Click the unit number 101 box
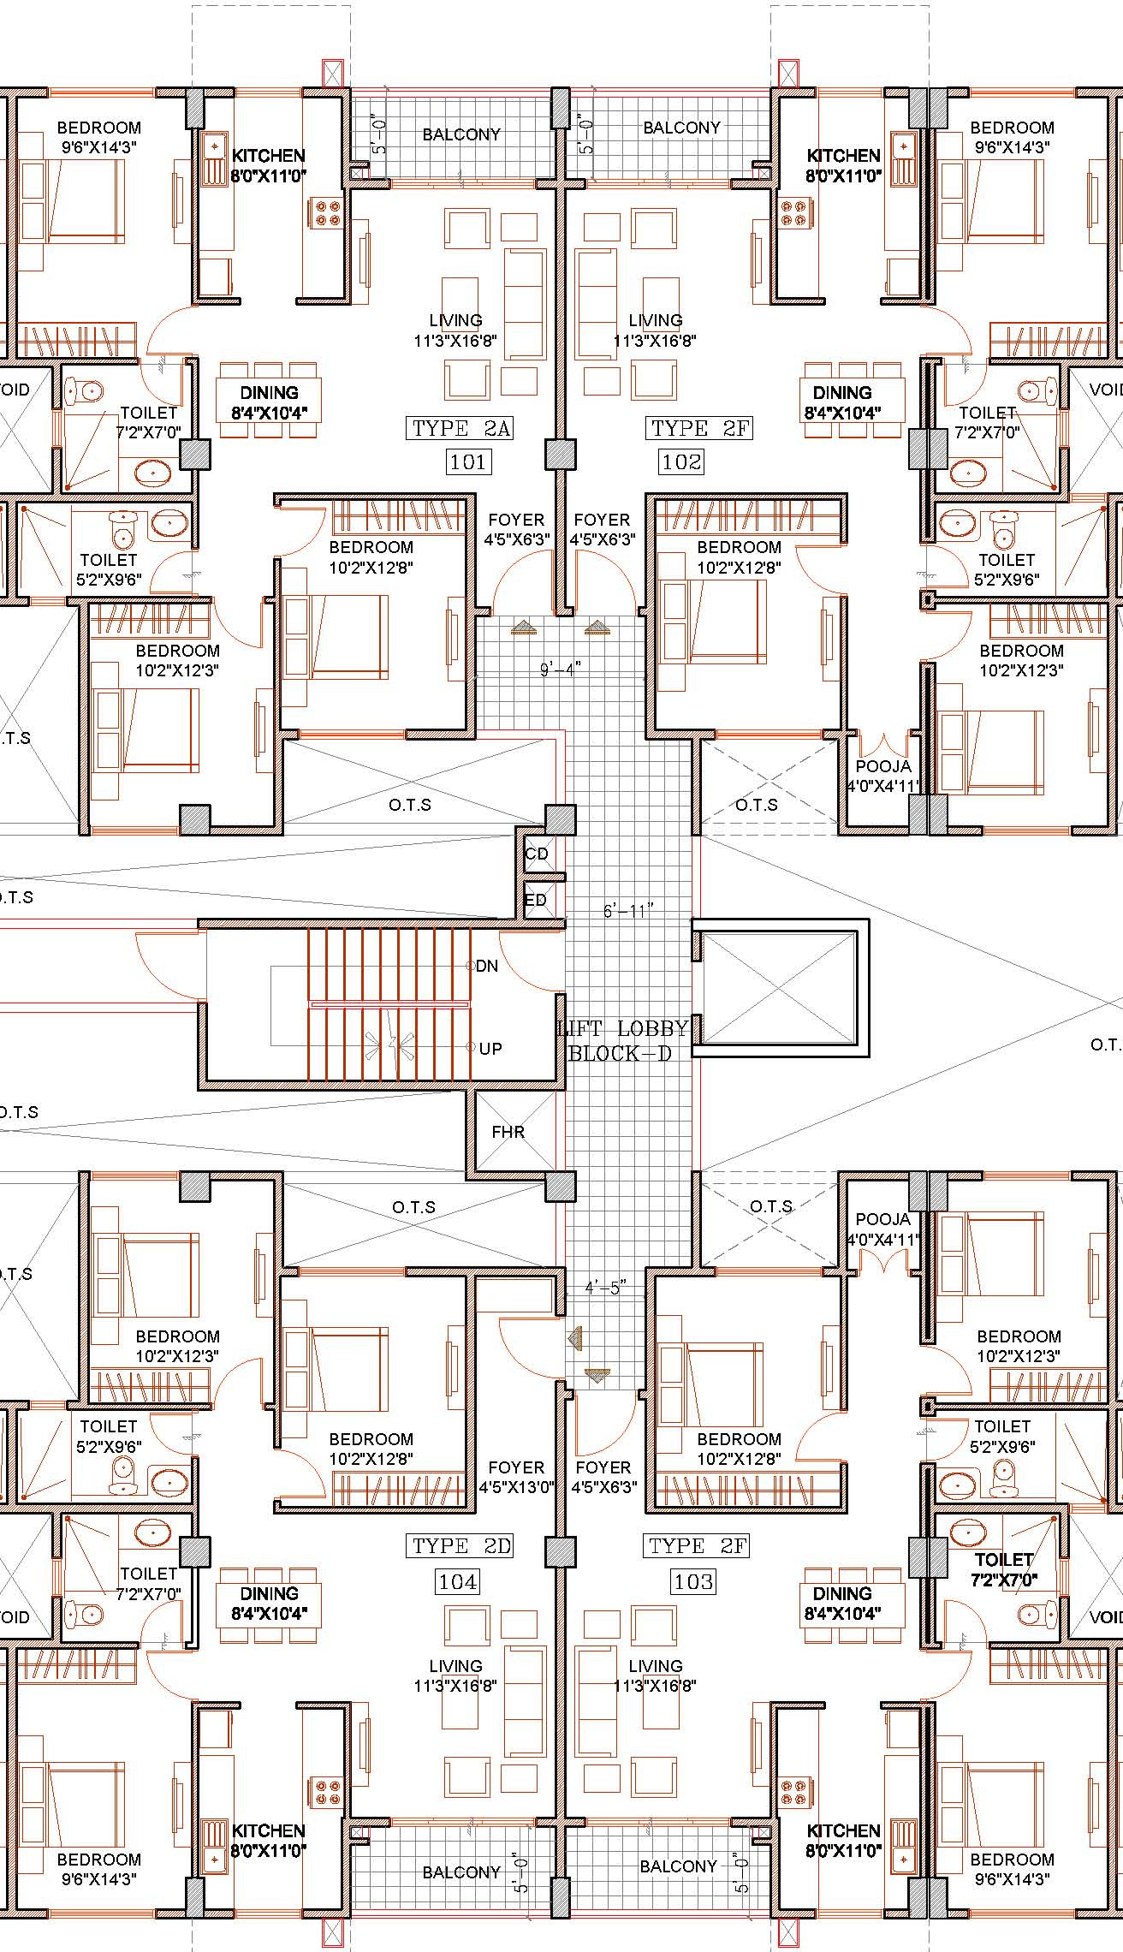pyautogui.click(x=467, y=462)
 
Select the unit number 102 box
pyautogui.click(x=681, y=462)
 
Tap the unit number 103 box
pyautogui.click(x=693, y=1581)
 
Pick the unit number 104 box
pyautogui.click(x=458, y=1581)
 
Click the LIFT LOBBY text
pyautogui.click(x=623, y=1028)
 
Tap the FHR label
pyautogui.click(x=508, y=1132)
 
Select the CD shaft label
pyautogui.click(x=537, y=854)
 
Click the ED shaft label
pyautogui.click(x=536, y=900)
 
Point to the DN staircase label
pyautogui.click(x=487, y=966)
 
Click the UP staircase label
pyautogui.click(x=490, y=1048)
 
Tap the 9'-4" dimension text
pyautogui.click(x=561, y=669)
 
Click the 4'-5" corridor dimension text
pyautogui.click(x=605, y=1287)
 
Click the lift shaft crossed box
pyautogui.click(x=779, y=988)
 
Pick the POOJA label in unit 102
pyautogui.click(x=883, y=766)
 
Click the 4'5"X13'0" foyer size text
pyautogui.click(x=516, y=1487)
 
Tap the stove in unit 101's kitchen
pyautogui.click(x=328, y=212)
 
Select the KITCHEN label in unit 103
pyautogui.click(x=843, y=1830)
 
